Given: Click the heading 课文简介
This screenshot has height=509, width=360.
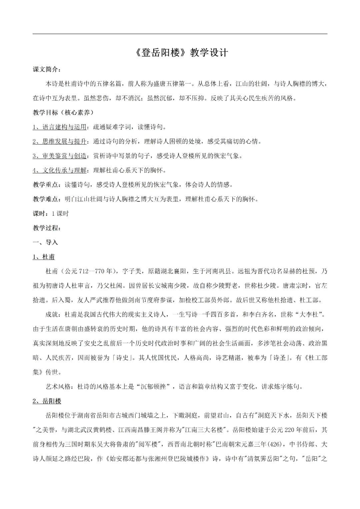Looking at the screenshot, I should (x=47, y=69).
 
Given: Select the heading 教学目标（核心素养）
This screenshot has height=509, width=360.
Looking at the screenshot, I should (x=63, y=112).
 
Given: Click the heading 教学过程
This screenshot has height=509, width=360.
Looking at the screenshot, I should (x=47, y=228).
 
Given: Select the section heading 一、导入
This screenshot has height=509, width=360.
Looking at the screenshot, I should (x=45, y=242).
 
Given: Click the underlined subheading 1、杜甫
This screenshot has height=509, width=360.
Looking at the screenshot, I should (x=44, y=257).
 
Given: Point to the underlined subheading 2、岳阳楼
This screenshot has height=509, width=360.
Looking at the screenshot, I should (x=47, y=401).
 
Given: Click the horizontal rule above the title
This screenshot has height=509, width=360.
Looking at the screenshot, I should (x=180, y=34).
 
